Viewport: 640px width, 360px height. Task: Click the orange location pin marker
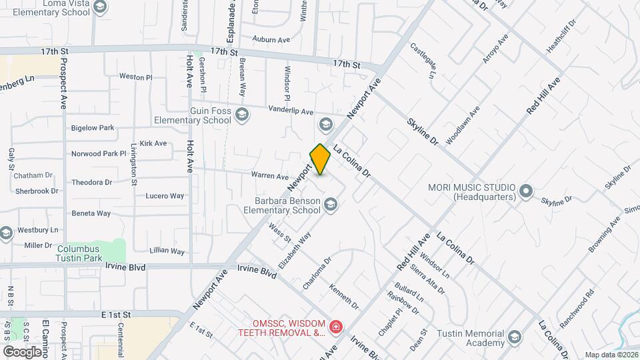pos(320,159)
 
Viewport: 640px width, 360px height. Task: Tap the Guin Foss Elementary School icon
pos(242,115)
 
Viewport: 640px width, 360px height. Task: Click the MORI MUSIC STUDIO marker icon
pos(526,192)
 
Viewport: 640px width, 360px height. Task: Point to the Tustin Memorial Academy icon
pos(514,337)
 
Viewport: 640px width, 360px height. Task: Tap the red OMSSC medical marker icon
pos(336,327)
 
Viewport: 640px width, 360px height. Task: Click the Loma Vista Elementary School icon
pos(100,7)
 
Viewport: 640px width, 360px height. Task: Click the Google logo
pos(22,351)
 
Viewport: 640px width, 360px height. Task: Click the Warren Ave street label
pos(269,177)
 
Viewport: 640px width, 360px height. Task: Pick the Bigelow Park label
pos(93,127)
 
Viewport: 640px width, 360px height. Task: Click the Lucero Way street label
pos(165,196)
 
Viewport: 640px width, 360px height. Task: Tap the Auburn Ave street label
pos(271,40)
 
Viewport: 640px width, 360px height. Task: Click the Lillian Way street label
pos(167,251)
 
